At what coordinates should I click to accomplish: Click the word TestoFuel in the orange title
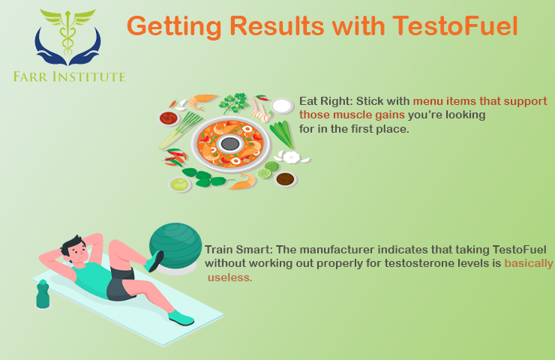click(x=454, y=26)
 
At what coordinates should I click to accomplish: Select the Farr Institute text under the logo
click(x=69, y=76)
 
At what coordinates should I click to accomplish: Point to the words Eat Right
click(x=325, y=101)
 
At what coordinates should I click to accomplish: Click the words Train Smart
click(x=238, y=250)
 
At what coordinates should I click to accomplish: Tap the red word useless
click(x=229, y=277)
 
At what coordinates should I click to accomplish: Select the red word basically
click(x=529, y=264)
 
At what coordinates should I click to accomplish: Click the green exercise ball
click(x=175, y=245)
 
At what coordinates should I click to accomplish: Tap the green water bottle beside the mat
click(x=43, y=294)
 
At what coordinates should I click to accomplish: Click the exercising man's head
click(x=76, y=248)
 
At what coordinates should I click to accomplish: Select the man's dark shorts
click(x=120, y=284)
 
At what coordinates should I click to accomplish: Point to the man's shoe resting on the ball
click(x=154, y=260)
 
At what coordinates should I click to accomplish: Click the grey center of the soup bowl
click(x=230, y=143)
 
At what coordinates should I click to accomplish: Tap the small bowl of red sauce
click(x=169, y=118)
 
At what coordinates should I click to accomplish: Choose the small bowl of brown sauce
click(x=285, y=179)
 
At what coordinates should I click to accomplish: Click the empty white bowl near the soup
click(x=282, y=106)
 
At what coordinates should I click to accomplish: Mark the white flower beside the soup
click(x=291, y=157)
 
